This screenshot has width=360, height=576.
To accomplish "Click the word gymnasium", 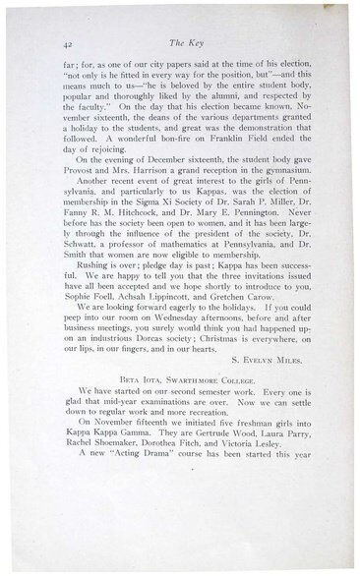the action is coord(282,199).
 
